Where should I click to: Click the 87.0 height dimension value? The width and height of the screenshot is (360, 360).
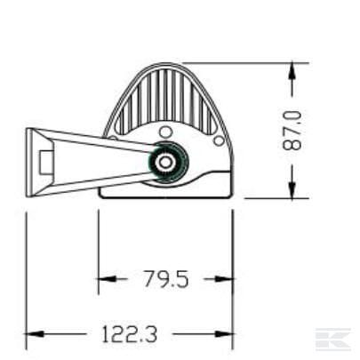coord(292,131)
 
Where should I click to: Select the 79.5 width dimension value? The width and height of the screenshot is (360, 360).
coord(166,279)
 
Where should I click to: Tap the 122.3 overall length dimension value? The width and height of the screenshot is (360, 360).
coord(129,334)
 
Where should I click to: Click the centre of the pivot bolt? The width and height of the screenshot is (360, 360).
coord(164,162)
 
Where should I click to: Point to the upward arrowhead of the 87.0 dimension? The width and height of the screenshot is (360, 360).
coord(292,70)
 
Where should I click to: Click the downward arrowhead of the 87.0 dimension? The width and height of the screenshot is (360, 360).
coord(292,190)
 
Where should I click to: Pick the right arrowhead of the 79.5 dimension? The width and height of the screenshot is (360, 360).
coord(225,279)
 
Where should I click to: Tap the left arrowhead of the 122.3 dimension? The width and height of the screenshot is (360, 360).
coord(35,334)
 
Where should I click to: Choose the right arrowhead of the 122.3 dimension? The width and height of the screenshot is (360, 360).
coord(224,334)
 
